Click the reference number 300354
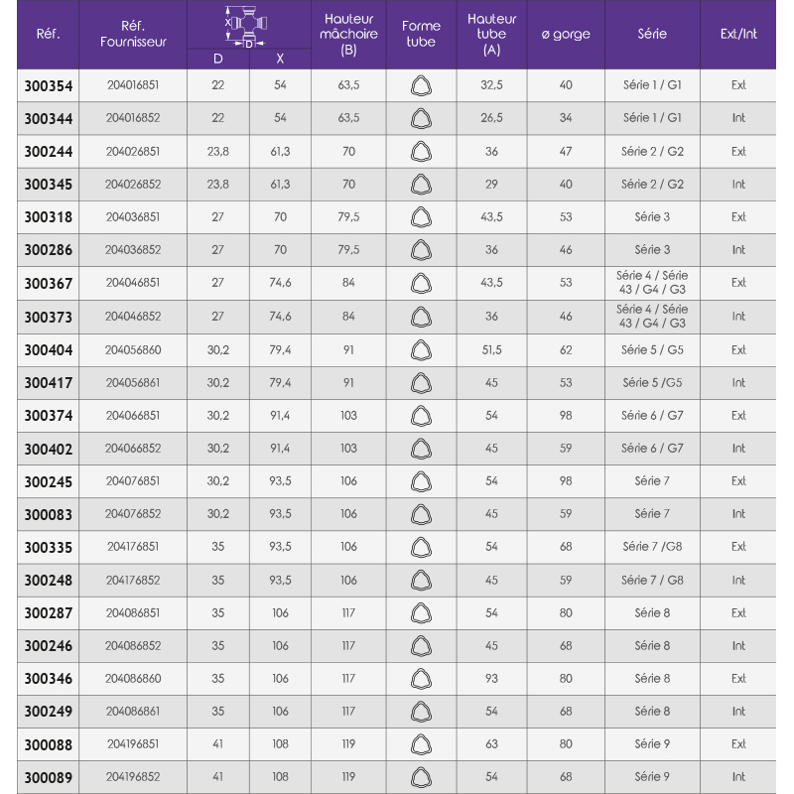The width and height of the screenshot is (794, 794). pos(48,85)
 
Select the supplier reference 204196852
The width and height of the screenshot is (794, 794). pos(133,777)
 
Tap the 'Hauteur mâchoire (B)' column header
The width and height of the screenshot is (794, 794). pos(348,34)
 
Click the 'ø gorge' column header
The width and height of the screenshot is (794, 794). pos(566,34)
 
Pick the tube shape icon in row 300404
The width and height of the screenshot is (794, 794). pos(421,349)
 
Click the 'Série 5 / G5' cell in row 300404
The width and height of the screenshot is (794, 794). pos(652,349)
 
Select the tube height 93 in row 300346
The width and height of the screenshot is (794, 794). pos(491,679)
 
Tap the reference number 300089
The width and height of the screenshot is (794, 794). pos(48,777)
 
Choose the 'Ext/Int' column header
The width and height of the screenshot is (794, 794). pos(738,34)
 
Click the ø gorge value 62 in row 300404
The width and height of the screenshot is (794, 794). pos(566,349)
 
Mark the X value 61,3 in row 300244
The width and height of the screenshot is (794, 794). pos(280,152)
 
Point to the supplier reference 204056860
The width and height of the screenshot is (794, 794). pos(133,349)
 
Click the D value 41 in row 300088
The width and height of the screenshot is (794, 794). pos(218,744)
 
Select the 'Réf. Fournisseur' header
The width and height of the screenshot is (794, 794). pos(133,34)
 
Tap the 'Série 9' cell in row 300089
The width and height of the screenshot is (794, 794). pos(652,777)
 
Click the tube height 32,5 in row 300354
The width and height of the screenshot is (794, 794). pos(491,85)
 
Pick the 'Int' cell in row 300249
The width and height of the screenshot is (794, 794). pos(738,712)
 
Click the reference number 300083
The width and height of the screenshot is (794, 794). pos(48,514)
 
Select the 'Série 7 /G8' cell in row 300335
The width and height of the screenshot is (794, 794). pos(652,547)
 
